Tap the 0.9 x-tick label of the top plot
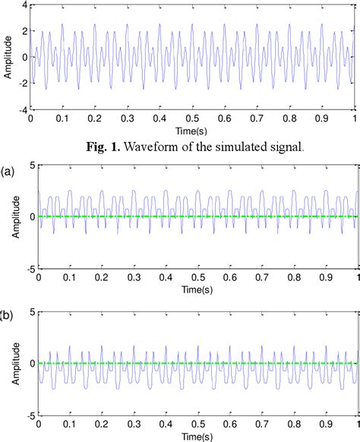tap(322, 119)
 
